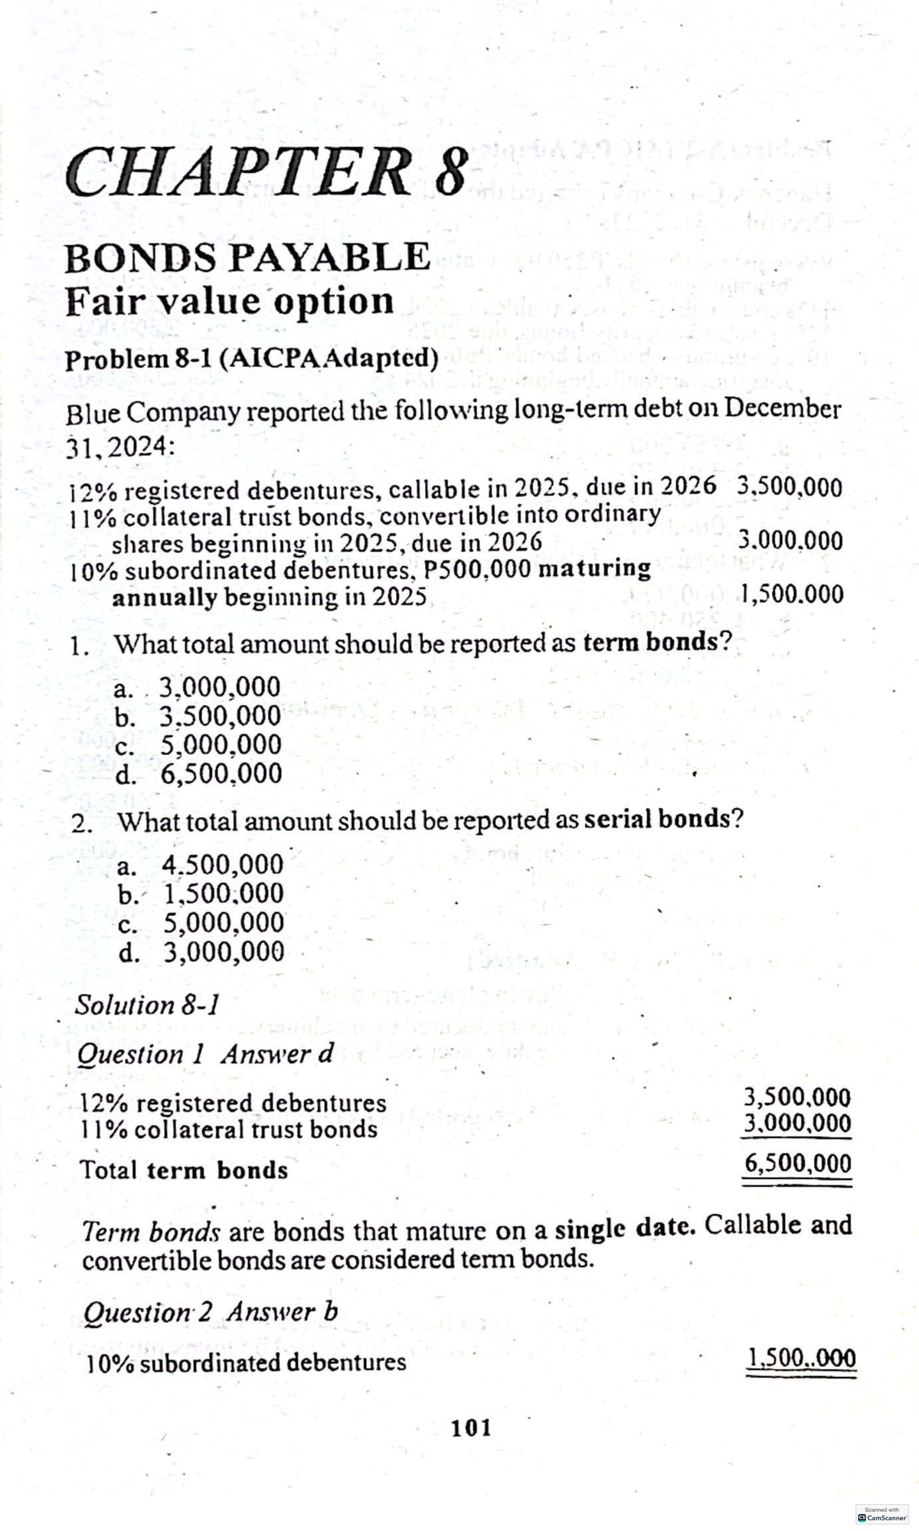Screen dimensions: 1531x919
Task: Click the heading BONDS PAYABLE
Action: tap(247, 257)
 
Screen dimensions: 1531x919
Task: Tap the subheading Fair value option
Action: tap(229, 301)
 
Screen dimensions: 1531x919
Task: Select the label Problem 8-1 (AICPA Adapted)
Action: tap(252, 358)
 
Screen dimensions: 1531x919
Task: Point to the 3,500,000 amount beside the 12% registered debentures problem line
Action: tap(789, 487)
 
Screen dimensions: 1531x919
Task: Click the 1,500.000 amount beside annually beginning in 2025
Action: tap(793, 594)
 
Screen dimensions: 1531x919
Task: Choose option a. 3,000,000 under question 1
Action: tap(198, 686)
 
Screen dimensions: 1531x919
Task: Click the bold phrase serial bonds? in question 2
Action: tap(663, 819)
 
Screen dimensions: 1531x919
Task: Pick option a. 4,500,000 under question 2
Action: tap(201, 865)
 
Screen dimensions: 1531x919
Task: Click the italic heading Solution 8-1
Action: tap(146, 1004)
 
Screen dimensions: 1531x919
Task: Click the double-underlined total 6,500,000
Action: tap(797, 1164)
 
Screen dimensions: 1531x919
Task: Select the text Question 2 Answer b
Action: tap(209, 1312)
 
